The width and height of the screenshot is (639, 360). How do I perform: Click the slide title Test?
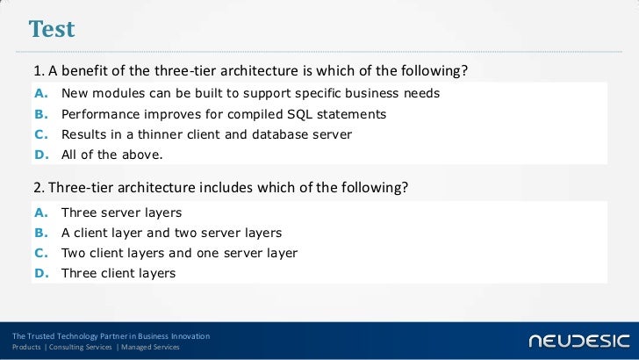(x=52, y=29)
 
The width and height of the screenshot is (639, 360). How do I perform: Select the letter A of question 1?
(x=43, y=93)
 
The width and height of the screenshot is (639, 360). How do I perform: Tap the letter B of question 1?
(x=43, y=114)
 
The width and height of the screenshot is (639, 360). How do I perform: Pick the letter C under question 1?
(x=43, y=134)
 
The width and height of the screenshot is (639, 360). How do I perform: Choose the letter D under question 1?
(x=43, y=155)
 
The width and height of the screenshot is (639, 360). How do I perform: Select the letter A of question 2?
(x=43, y=213)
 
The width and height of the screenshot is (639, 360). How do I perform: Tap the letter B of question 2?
(x=43, y=234)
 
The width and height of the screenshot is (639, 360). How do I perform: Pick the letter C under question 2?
(x=43, y=253)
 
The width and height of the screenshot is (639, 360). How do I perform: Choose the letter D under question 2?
(x=43, y=273)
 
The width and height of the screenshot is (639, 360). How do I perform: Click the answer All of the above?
(x=111, y=155)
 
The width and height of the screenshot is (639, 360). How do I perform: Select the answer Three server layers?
(x=121, y=213)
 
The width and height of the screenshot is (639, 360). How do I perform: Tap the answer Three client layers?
(x=118, y=273)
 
